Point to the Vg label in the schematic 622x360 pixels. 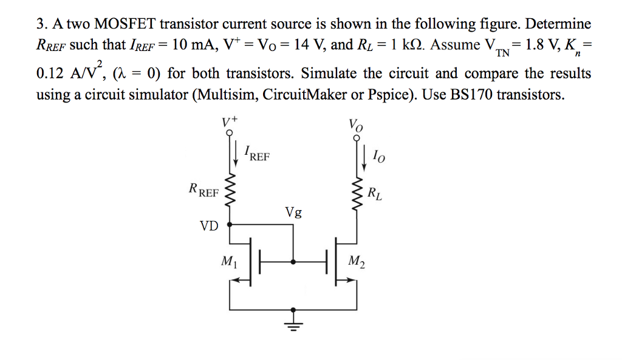coord(293,212)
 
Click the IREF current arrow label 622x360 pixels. coord(256,153)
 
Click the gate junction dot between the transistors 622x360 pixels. coord(294,262)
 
